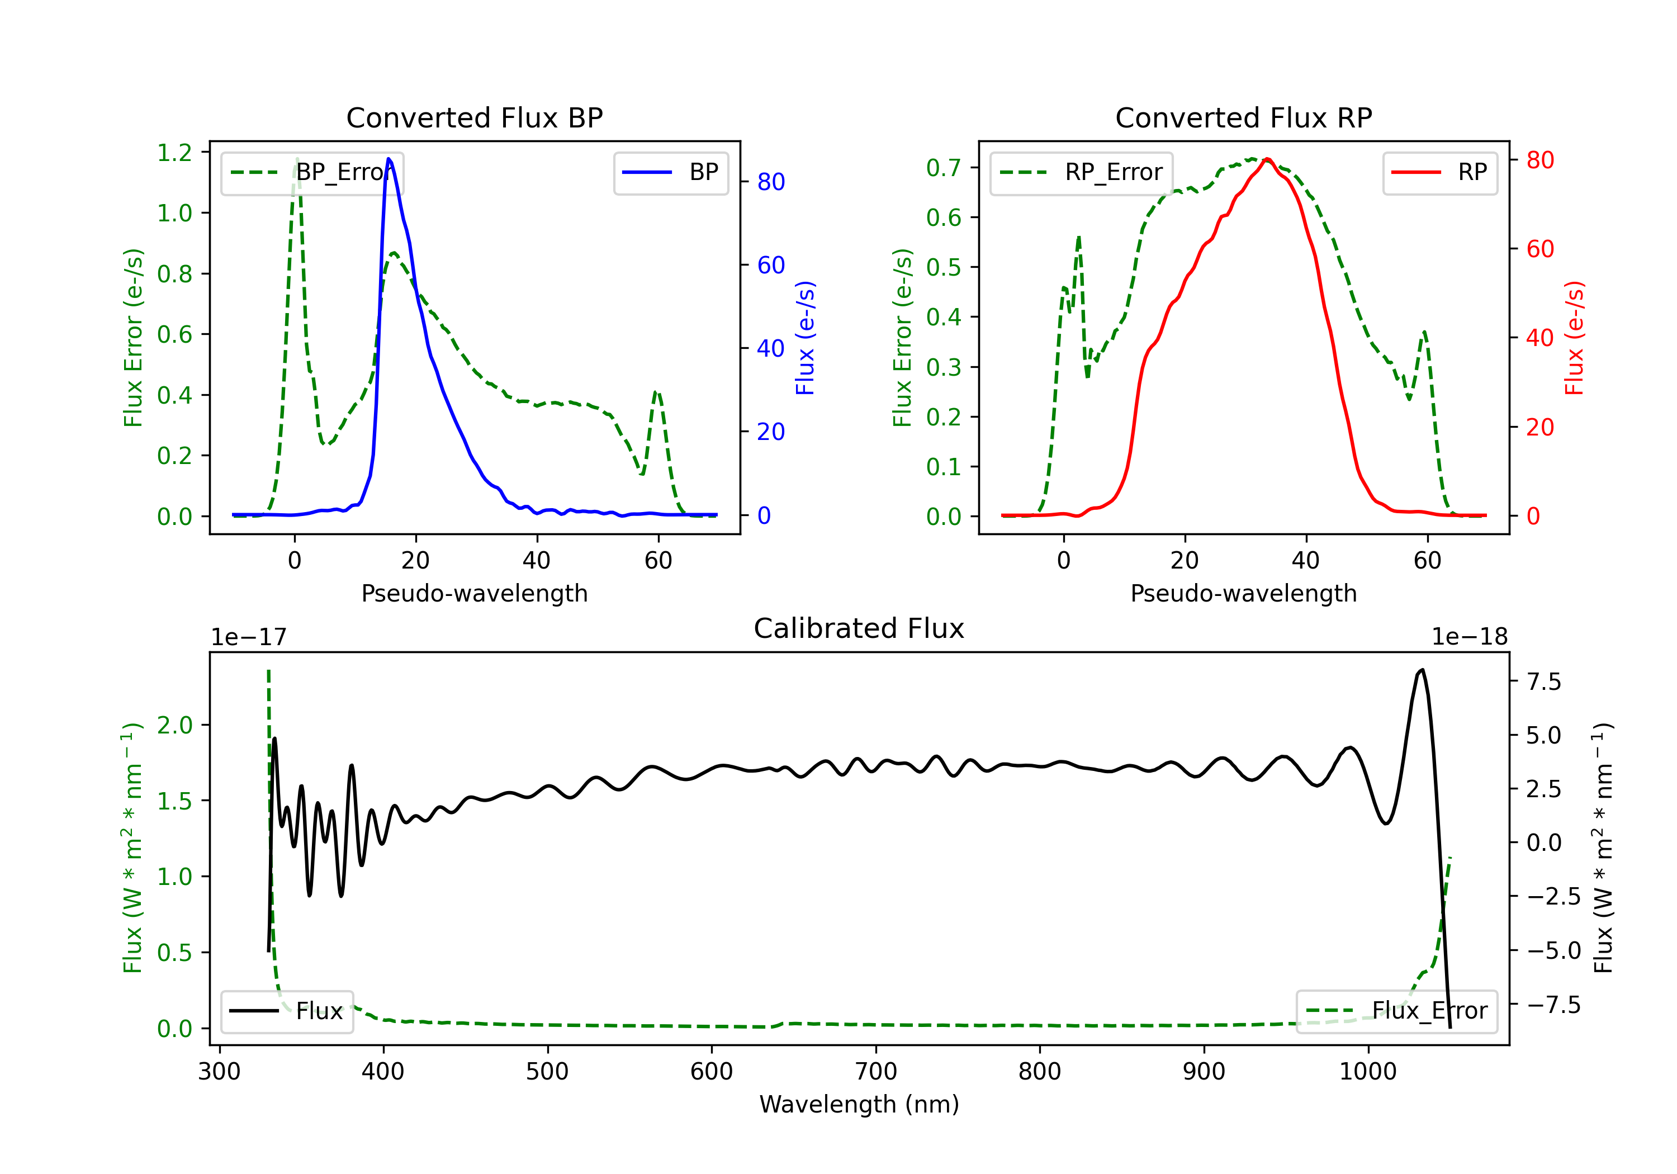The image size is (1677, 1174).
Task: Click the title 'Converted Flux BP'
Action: click(474, 117)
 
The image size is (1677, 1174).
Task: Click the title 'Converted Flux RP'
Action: click(1243, 117)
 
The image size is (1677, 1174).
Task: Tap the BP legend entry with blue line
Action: click(670, 172)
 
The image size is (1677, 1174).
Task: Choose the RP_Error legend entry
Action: click(1081, 172)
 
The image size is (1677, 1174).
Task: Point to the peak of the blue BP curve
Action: click(389, 159)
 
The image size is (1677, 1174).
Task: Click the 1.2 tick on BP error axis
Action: click(174, 153)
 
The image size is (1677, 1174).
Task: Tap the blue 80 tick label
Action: click(770, 182)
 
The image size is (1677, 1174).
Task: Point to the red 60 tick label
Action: click(1539, 249)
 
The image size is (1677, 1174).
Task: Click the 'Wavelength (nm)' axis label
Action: click(859, 1104)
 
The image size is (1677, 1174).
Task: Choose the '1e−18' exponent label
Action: click(1469, 637)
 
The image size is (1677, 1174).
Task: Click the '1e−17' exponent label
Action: click(248, 637)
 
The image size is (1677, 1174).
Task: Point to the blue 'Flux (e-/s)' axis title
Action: click(805, 338)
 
